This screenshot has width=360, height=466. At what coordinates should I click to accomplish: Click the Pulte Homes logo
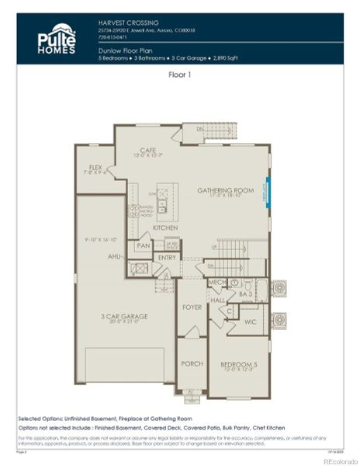(x=57, y=38)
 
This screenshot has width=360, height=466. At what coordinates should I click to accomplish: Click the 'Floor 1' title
(x=181, y=75)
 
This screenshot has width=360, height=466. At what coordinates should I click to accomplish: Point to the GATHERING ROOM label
(x=226, y=190)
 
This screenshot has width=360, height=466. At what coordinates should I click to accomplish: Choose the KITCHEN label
(x=165, y=228)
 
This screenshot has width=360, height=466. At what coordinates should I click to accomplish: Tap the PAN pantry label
(x=143, y=245)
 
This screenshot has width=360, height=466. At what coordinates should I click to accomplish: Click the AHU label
(x=114, y=256)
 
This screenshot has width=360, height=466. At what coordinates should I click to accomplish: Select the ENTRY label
(x=167, y=257)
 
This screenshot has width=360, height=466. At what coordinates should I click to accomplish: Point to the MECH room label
(x=216, y=283)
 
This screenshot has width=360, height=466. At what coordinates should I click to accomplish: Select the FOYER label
(x=192, y=307)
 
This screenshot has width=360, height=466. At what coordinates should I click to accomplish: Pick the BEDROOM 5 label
(x=237, y=364)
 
